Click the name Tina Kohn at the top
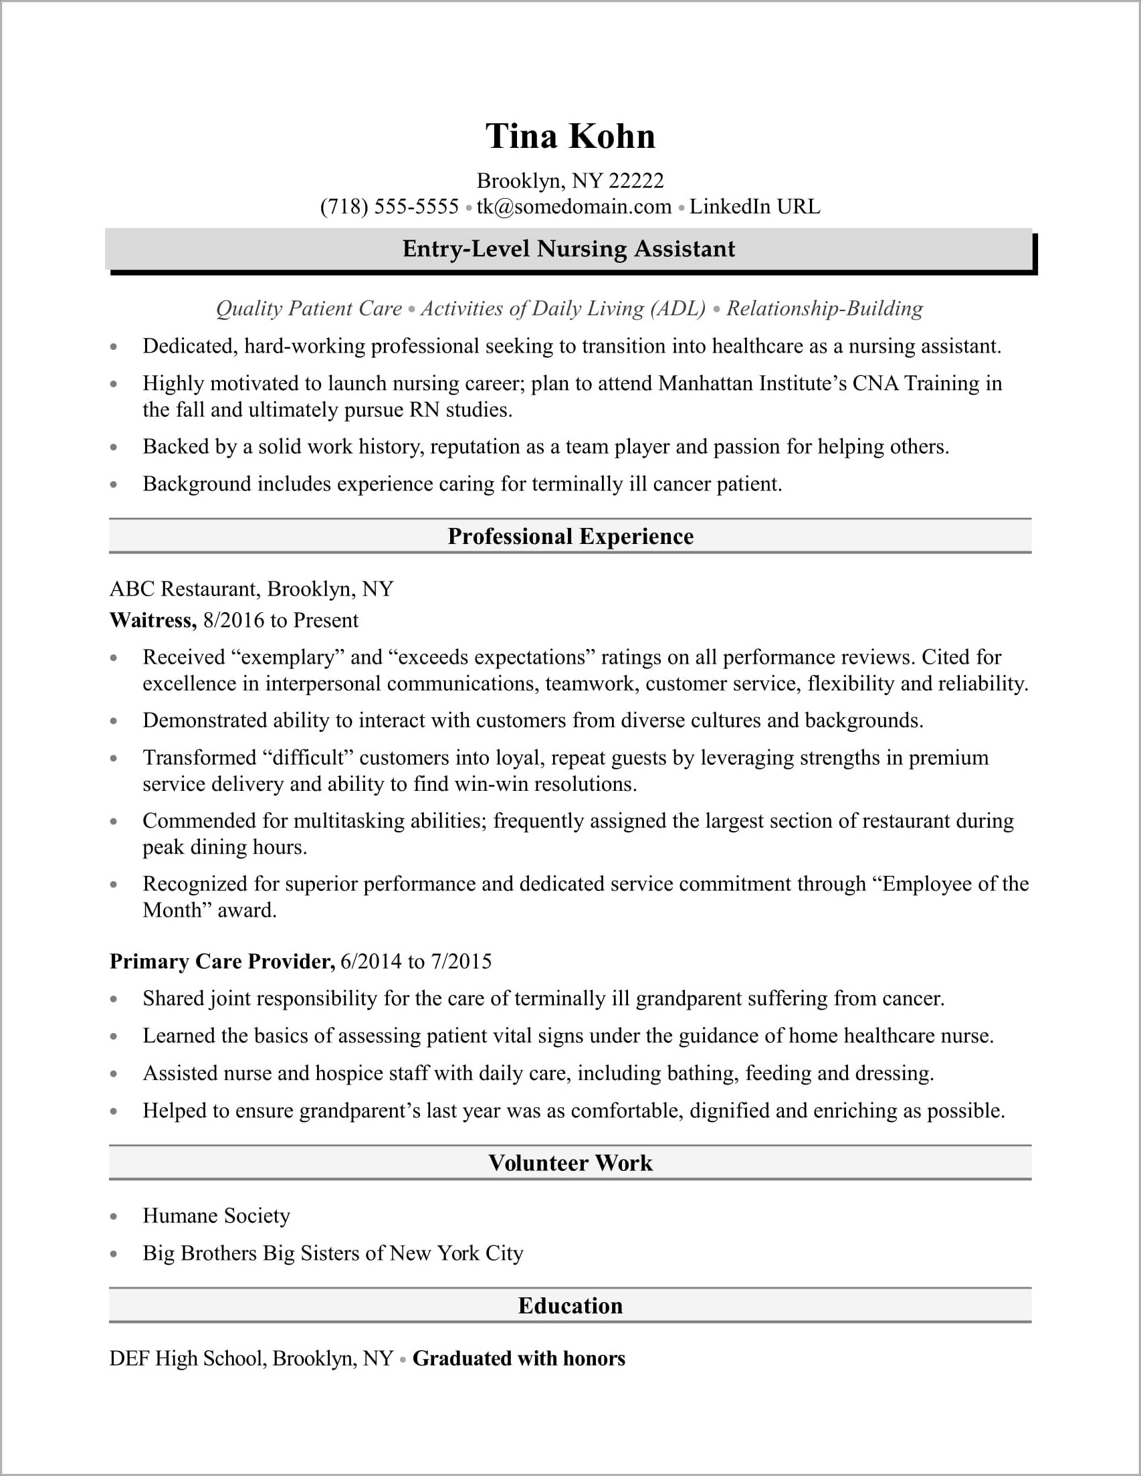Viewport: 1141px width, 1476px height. tap(570, 136)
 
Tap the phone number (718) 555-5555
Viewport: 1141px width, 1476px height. tap(390, 207)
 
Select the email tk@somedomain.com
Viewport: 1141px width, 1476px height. tap(574, 207)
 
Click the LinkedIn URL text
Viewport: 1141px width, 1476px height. tap(754, 207)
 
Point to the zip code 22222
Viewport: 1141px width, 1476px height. tap(635, 181)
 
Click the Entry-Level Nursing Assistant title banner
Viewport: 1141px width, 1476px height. tap(568, 250)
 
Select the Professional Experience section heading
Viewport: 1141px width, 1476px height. tap(570, 537)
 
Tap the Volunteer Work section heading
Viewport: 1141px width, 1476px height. tap(570, 1163)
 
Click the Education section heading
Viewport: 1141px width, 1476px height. tap(570, 1305)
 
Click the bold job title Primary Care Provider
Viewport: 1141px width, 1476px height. tap(222, 961)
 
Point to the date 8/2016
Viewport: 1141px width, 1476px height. tap(233, 620)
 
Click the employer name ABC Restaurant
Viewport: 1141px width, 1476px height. tap(184, 589)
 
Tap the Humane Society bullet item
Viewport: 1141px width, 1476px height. tap(216, 1216)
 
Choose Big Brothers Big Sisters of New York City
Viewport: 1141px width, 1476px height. tap(333, 1253)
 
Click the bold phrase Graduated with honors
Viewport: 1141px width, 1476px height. tap(519, 1358)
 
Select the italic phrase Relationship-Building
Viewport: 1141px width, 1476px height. tap(824, 309)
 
